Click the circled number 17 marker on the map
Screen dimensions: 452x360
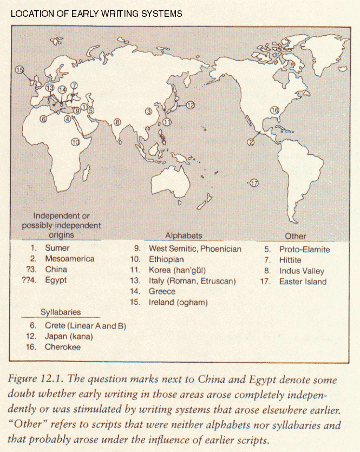254,183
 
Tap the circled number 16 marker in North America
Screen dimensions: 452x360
274,110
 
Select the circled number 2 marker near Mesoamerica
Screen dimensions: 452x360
251,142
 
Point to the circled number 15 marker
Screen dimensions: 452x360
20,69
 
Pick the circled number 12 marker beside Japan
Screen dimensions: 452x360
189,106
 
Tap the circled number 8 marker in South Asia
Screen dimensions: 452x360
117,122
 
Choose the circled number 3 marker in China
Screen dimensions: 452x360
148,112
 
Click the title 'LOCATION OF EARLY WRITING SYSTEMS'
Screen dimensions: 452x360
96,13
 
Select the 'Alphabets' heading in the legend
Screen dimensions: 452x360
184,235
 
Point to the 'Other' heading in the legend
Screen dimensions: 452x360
295,236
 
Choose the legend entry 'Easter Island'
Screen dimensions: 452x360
303,281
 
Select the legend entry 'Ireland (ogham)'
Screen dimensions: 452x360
178,302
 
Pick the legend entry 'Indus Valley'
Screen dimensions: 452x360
301,271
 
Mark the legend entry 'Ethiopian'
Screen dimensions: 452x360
166,260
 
